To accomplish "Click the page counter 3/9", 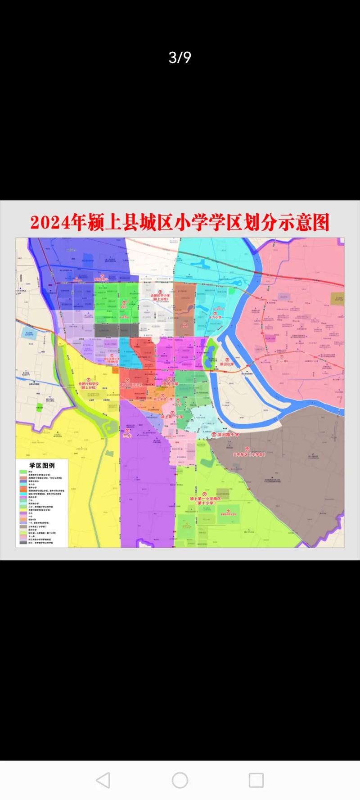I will pos(180,58).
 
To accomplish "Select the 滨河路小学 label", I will pos(228,435).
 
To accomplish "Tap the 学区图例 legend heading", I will pos(42,465).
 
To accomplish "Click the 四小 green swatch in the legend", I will pos(22,472).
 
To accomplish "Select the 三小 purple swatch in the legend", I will pos(22,512).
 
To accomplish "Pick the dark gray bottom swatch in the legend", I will pos(22,543).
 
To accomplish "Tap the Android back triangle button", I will pos(103,780).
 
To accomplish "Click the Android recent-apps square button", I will pos(256,780).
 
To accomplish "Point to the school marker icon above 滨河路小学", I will pos(214,435).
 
